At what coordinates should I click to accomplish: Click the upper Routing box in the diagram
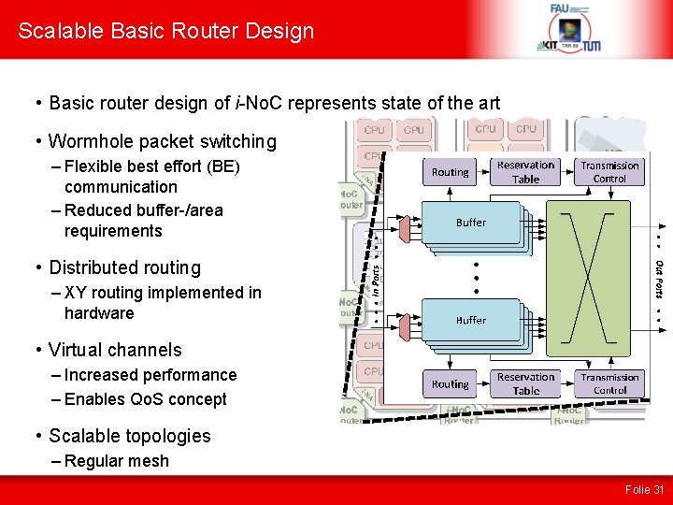click(451, 172)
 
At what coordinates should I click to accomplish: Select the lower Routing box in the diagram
click(451, 383)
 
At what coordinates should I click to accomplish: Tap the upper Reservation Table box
click(525, 172)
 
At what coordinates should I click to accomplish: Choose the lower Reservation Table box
click(525, 383)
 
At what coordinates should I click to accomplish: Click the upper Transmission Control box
click(609, 172)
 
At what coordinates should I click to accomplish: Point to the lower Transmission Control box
click(609, 383)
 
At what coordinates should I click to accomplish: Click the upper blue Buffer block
click(470, 223)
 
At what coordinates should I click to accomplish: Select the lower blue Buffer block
click(470, 320)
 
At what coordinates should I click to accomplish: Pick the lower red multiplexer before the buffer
click(404, 326)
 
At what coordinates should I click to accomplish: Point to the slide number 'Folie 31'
click(646, 489)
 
